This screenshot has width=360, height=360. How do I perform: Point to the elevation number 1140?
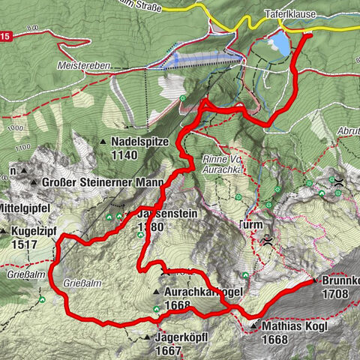[124, 154]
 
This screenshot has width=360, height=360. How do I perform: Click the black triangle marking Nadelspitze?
[103, 141]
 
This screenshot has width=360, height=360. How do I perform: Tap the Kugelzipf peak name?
[36, 232]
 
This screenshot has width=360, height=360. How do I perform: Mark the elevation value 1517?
[25, 244]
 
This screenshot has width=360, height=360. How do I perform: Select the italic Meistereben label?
[83, 66]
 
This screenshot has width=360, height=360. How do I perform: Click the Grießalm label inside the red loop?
[83, 283]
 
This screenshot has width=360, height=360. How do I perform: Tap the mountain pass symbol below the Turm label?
[268, 241]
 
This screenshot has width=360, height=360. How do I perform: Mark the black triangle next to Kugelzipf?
[4, 232]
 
